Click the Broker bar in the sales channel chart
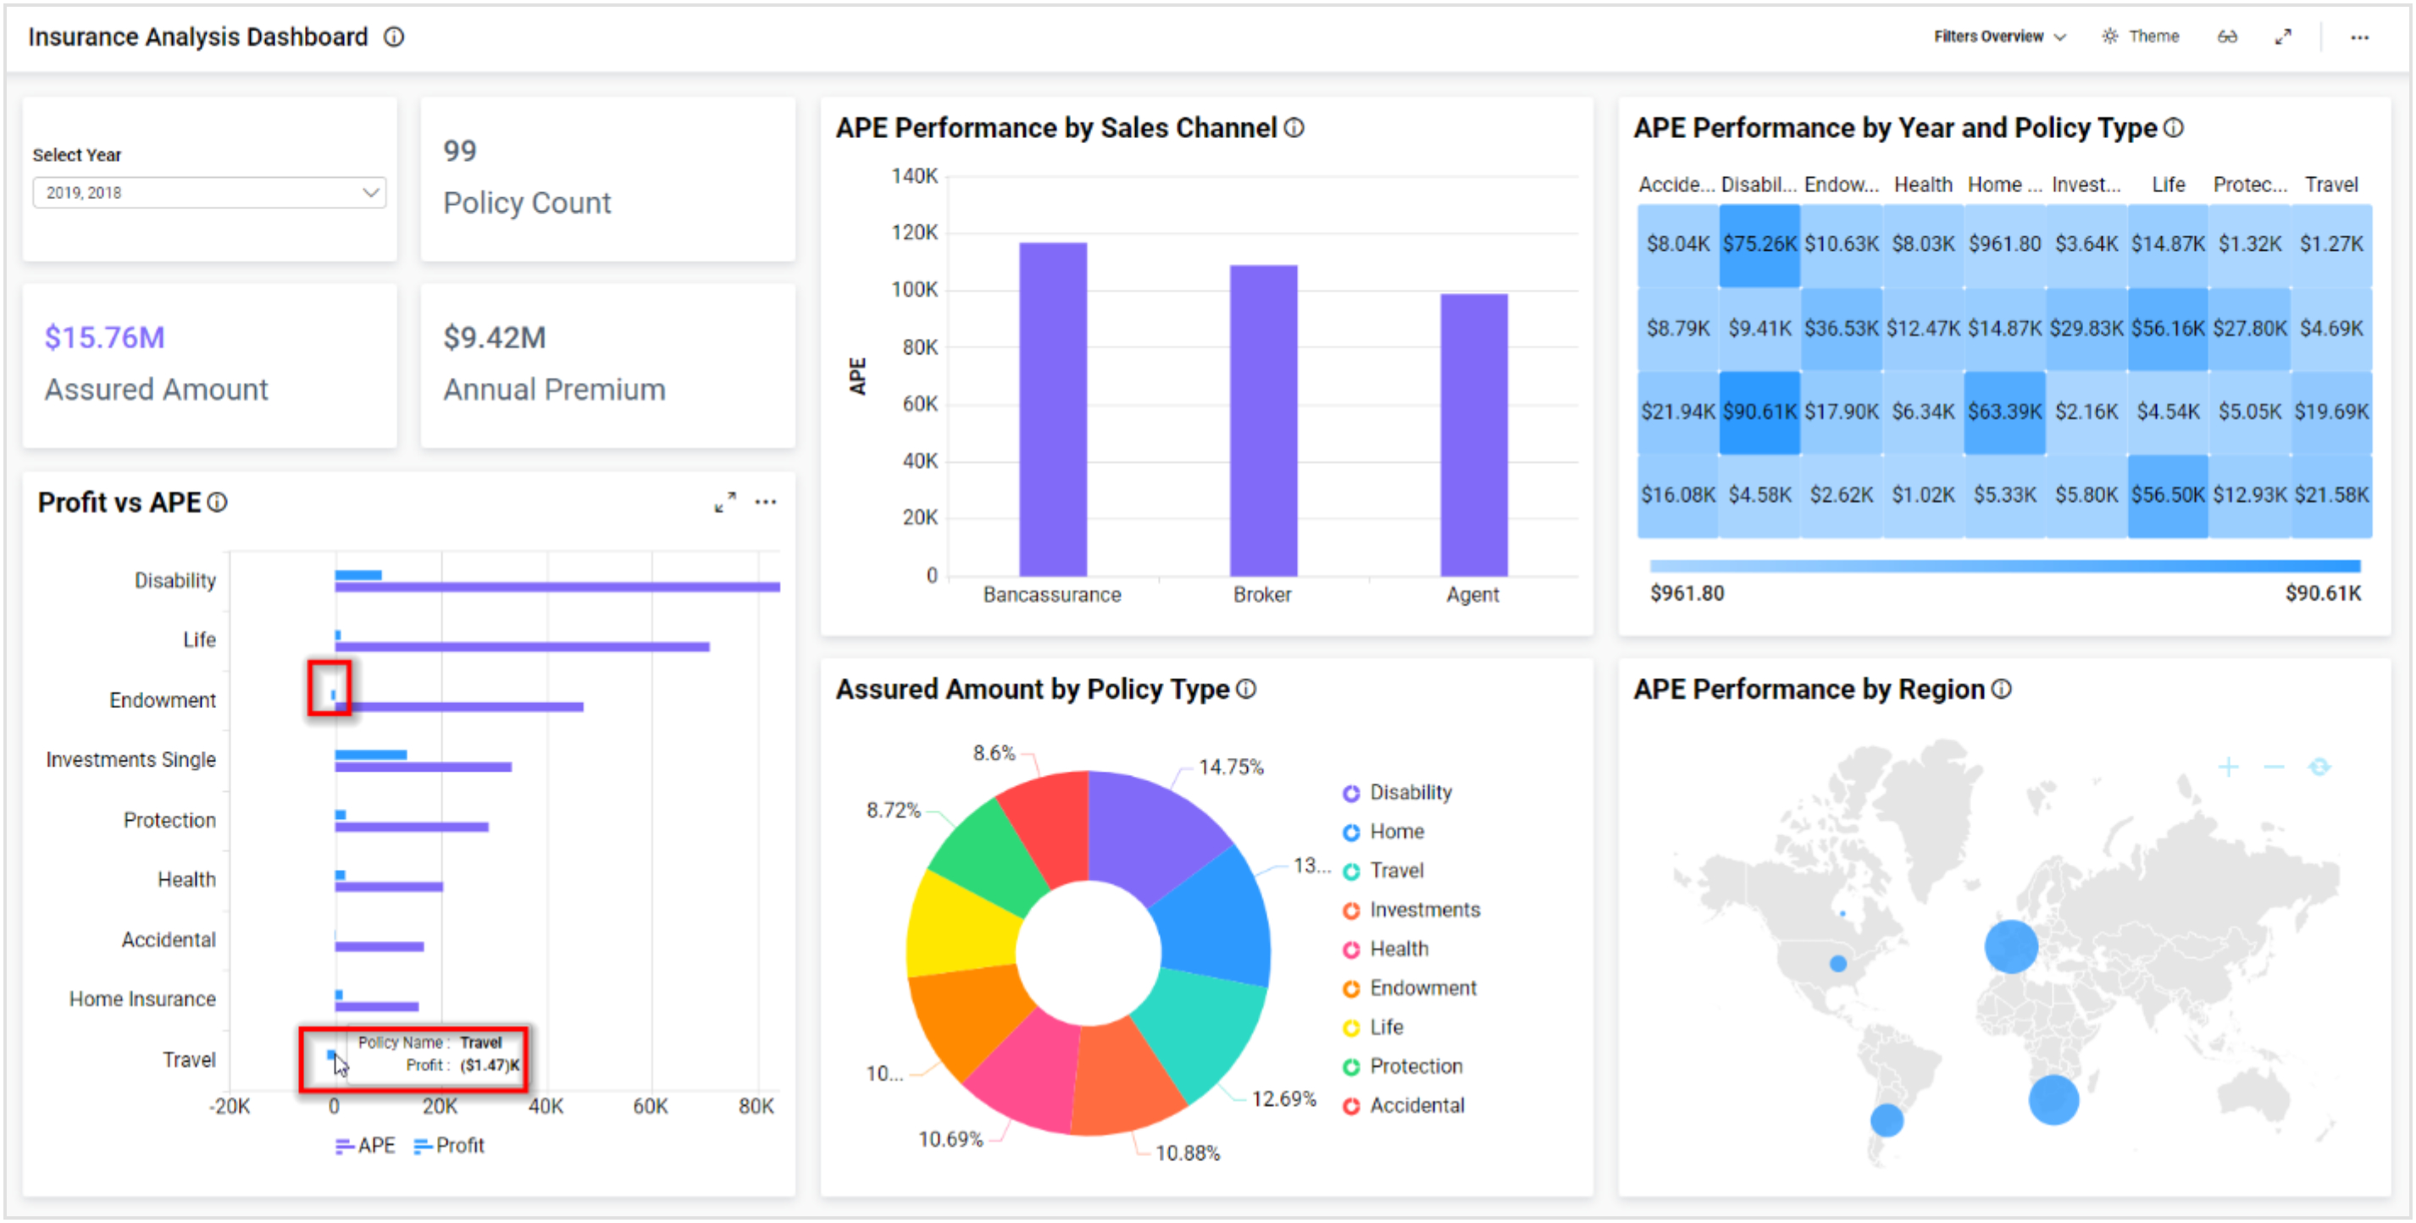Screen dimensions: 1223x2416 tap(1262, 422)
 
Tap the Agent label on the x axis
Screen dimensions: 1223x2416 tap(1471, 595)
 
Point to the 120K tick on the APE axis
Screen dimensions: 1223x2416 tap(913, 233)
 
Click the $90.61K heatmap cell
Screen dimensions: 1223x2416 tap(1759, 412)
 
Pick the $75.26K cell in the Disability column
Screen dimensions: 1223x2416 tap(1759, 244)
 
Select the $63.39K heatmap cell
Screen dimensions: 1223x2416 tap(2003, 412)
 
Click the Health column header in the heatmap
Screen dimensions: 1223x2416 tap(1922, 185)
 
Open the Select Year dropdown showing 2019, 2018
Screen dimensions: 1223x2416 tap(209, 192)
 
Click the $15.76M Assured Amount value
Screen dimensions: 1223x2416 tap(104, 338)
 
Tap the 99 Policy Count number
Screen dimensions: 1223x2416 tap(459, 151)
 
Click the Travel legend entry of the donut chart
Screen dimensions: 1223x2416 tap(1394, 871)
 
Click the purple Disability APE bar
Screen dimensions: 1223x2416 tap(557, 587)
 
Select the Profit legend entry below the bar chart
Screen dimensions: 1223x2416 tap(449, 1145)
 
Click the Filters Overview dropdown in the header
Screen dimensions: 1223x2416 tap(1998, 36)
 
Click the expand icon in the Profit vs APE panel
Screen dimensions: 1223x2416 tap(724, 503)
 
